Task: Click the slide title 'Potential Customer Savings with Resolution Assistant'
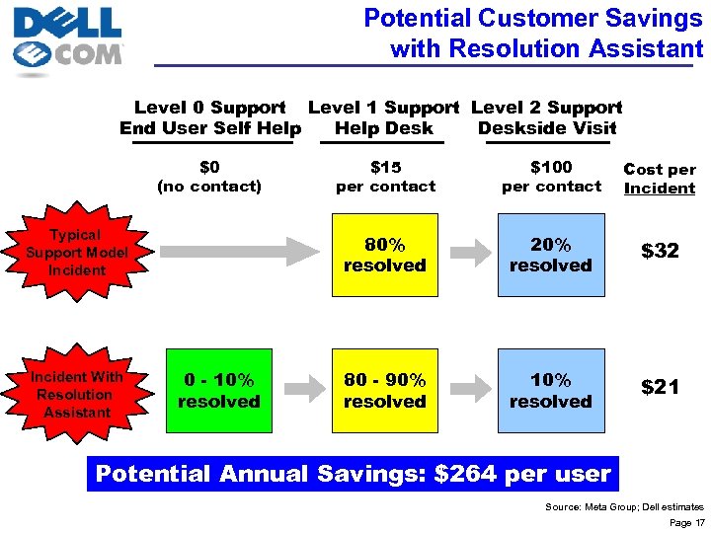point(533,33)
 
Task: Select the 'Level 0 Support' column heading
point(210,117)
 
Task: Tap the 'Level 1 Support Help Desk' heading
point(384,117)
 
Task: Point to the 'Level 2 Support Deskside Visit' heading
point(547,117)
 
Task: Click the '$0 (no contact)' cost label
point(209,177)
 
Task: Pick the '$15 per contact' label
point(385,177)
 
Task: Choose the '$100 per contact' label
point(551,177)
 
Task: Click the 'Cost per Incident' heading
point(660,179)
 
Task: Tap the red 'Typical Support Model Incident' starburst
point(76,252)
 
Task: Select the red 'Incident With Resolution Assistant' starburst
point(76,394)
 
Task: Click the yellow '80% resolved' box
point(384,255)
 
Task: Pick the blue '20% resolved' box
point(550,255)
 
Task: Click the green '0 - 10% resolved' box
point(218,391)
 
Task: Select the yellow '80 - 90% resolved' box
point(384,391)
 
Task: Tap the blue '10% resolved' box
point(550,391)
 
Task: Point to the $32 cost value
point(660,251)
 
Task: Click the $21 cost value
point(660,387)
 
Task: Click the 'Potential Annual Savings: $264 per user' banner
point(353,474)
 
